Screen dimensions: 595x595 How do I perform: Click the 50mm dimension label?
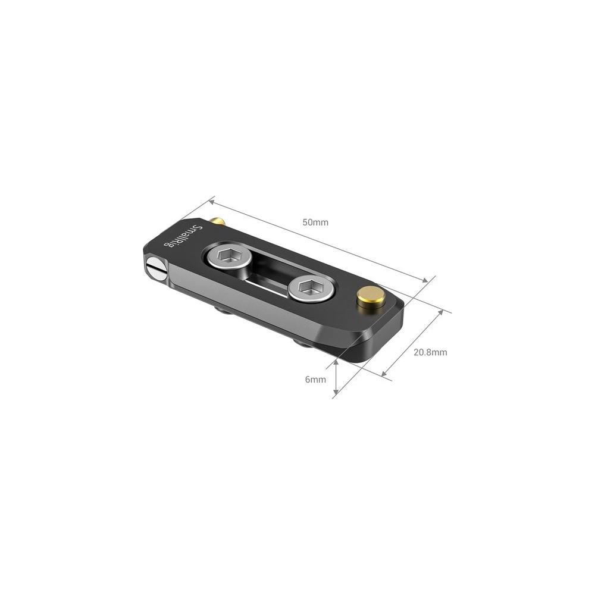(315, 223)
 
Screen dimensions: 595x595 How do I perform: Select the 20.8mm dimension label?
(430, 352)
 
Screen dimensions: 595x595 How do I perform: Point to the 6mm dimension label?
(315, 379)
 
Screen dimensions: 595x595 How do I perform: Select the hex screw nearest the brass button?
(311, 289)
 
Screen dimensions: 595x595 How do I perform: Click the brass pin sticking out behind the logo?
(219, 221)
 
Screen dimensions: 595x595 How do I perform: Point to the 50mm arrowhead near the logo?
(211, 201)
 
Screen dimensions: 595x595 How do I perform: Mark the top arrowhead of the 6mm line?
(336, 361)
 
